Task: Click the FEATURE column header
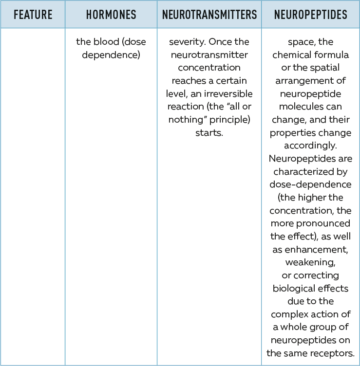tap(33, 15)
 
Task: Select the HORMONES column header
tap(111, 15)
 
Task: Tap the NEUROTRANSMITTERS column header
tap(209, 15)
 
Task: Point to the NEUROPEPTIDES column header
tap(311, 15)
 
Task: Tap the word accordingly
tap(311, 145)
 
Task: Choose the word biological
tap(291, 288)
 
